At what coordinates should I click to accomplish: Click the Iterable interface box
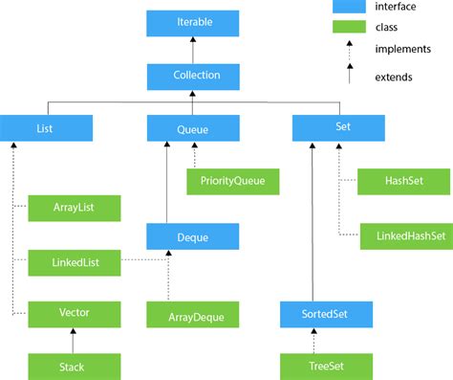coord(194,21)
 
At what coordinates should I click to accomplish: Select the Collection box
coord(194,75)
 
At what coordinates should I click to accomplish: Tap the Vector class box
coord(75,312)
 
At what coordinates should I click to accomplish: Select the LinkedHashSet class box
coord(404,234)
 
